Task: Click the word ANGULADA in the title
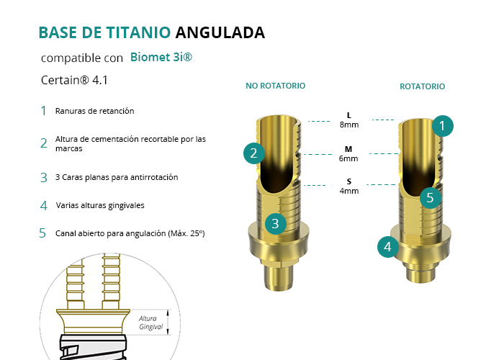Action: click(220, 32)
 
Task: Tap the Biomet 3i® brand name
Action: click(161, 57)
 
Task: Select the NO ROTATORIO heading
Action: click(276, 86)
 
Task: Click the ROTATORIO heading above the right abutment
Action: click(423, 86)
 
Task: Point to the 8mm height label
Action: click(349, 125)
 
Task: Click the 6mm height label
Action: click(348, 158)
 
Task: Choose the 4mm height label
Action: click(349, 191)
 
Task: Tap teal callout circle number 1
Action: click(443, 126)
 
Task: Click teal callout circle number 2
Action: click(254, 153)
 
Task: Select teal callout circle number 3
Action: click(276, 224)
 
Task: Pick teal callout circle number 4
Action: click(388, 247)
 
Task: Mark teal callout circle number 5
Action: click(431, 198)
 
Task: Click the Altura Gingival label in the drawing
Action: click(150, 323)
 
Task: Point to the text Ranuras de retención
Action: click(94, 111)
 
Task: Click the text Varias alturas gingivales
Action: click(100, 205)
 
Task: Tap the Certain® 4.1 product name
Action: click(74, 80)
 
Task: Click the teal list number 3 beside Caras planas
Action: click(44, 178)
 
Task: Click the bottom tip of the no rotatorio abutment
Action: click(279, 290)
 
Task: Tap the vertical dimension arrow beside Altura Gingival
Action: click(168, 323)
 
